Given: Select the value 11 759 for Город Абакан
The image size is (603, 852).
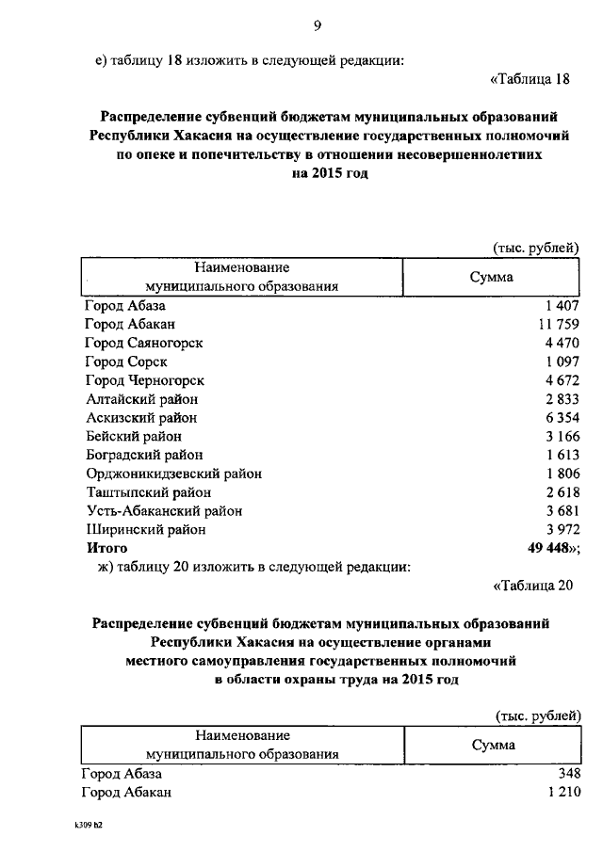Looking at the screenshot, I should click(554, 325).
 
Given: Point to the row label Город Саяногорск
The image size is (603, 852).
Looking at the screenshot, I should click(143, 344).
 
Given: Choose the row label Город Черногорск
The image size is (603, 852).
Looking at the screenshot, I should click(144, 381).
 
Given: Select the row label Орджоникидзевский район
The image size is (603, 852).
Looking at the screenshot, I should click(173, 474).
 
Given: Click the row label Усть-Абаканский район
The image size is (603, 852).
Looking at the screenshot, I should click(164, 511).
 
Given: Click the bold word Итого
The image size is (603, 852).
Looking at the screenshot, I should click(106, 548).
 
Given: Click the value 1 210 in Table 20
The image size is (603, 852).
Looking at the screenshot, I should click(559, 793).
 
